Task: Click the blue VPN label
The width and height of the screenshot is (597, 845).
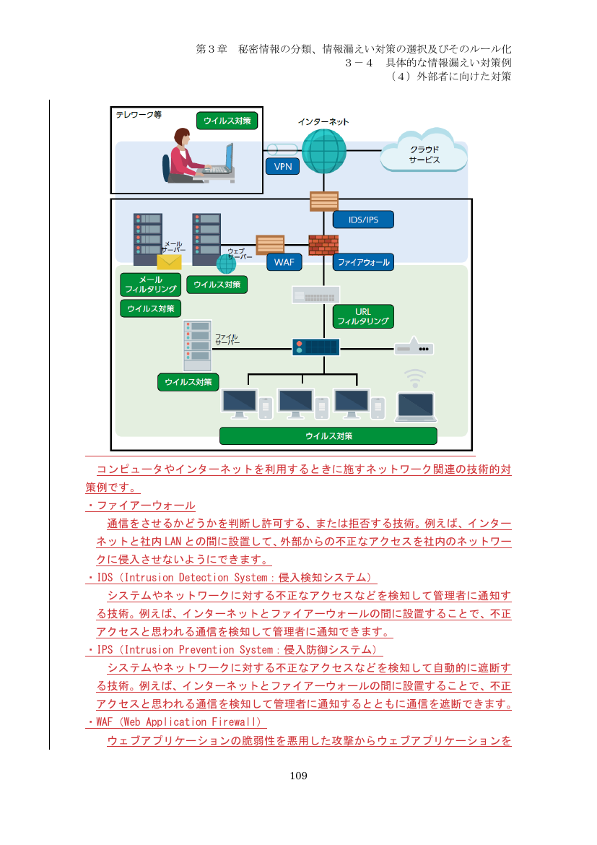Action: (283, 167)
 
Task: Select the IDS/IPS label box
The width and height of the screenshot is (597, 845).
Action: (363, 220)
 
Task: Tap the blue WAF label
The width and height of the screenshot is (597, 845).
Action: (284, 262)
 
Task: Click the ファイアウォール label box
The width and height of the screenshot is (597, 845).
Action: (363, 262)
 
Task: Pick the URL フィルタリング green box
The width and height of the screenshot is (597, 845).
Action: (363, 316)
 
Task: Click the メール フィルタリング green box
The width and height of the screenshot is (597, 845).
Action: (151, 285)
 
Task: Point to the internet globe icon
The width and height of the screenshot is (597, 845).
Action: (324, 152)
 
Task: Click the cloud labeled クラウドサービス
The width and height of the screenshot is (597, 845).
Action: (424, 152)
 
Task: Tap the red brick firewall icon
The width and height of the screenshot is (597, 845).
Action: (324, 245)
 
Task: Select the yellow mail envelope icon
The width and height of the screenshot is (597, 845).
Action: (169, 262)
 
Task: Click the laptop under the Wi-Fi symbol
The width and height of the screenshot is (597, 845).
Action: (416, 407)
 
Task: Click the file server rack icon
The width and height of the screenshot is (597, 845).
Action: (197, 345)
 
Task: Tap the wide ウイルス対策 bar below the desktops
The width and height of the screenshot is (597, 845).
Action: (328, 436)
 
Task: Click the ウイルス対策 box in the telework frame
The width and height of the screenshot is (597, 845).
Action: (227, 121)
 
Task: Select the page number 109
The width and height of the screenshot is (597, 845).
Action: (299, 776)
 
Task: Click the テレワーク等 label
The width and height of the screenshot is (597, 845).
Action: (139, 115)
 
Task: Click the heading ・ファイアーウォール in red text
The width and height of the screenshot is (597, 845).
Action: (141, 506)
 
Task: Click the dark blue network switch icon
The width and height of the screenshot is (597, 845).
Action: (316, 347)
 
